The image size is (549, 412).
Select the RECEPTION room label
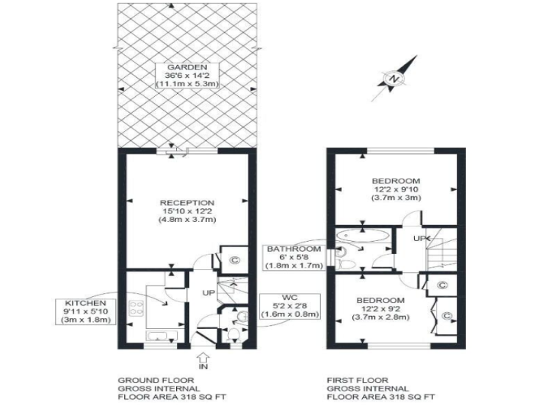[x=187, y=203]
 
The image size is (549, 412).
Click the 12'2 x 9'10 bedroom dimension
[x=396, y=189]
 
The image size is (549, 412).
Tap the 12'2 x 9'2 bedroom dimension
[x=380, y=309]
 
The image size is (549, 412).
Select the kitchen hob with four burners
[x=136, y=307]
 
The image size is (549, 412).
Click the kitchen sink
[x=162, y=336]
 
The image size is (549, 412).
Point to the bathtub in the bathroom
[x=363, y=236]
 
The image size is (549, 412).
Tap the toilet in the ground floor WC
[x=233, y=335]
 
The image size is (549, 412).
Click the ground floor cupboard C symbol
[x=235, y=260]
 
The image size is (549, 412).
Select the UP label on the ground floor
[x=208, y=293]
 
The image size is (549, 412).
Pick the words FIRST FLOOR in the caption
[x=358, y=380]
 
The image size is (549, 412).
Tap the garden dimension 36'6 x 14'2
[x=187, y=76]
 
